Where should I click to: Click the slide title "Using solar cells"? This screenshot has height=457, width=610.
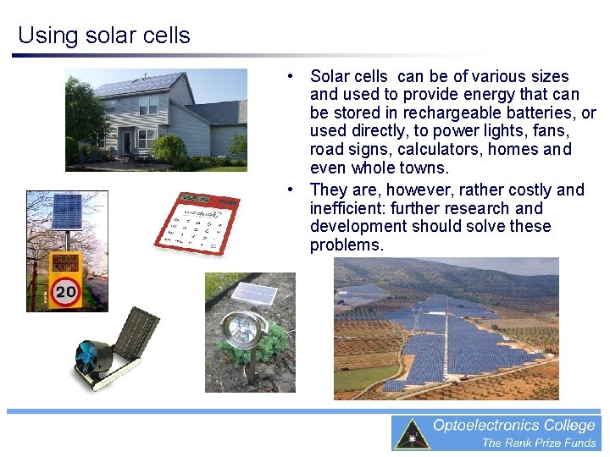[x=103, y=36]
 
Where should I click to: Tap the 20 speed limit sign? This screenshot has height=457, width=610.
[x=65, y=293]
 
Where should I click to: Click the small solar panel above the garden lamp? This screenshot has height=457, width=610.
[x=254, y=293]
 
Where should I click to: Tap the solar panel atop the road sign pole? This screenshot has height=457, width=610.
[x=66, y=211]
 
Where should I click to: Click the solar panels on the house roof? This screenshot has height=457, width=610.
[x=138, y=84]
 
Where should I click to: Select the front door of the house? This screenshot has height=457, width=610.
[x=125, y=140]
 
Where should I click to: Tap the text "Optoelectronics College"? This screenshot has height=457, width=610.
[x=513, y=426]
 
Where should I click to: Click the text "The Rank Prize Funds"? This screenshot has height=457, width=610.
[x=539, y=443]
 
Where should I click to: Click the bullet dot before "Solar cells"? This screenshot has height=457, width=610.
[x=291, y=75]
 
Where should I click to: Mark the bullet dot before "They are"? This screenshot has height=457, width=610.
[x=291, y=189]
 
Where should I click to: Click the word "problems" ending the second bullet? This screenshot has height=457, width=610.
[x=345, y=245]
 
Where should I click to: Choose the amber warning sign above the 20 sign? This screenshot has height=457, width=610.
[x=65, y=262]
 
